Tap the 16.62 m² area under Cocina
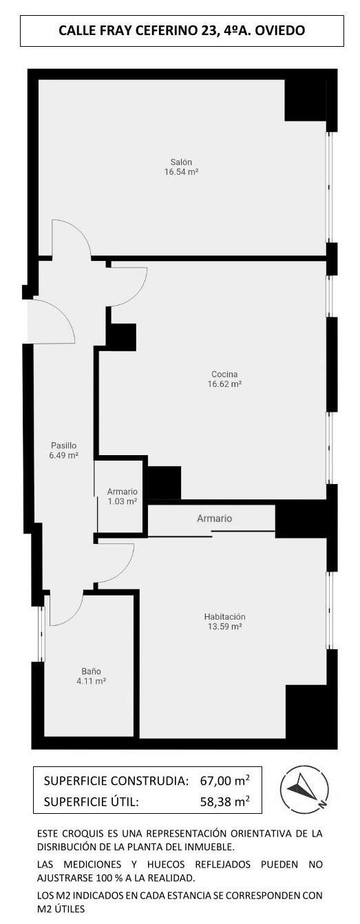click(x=226, y=384)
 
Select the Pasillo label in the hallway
click(x=63, y=445)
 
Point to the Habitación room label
click(x=224, y=616)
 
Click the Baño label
click(x=91, y=671)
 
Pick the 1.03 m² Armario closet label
click(x=122, y=492)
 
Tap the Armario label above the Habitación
click(x=214, y=518)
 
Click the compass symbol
click(x=304, y=787)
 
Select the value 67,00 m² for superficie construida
click(x=224, y=780)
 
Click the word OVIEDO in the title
click(x=280, y=30)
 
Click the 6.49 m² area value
click(x=63, y=456)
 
